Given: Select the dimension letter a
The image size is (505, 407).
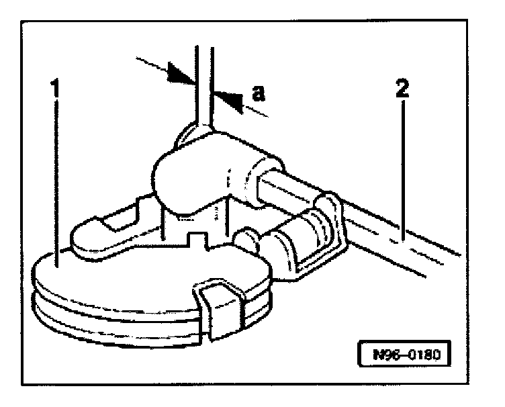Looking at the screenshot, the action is (x=258, y=94).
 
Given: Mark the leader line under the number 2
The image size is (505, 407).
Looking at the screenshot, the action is (x=402, y=168).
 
